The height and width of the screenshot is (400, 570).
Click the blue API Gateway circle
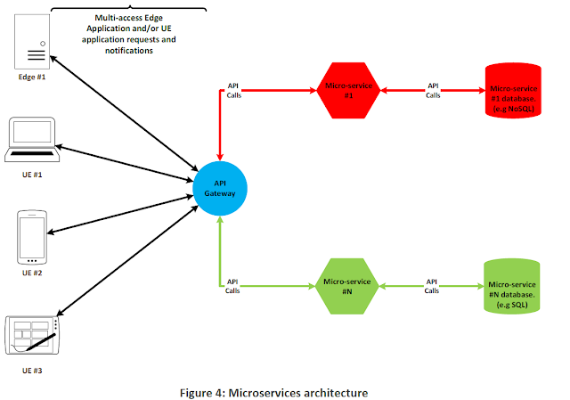(219, 188)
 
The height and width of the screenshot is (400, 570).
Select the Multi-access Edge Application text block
(129, 34)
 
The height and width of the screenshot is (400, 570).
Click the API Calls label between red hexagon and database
(433, 90)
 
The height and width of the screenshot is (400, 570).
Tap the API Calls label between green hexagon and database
(433, 286)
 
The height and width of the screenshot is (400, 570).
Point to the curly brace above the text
(129, 9)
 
